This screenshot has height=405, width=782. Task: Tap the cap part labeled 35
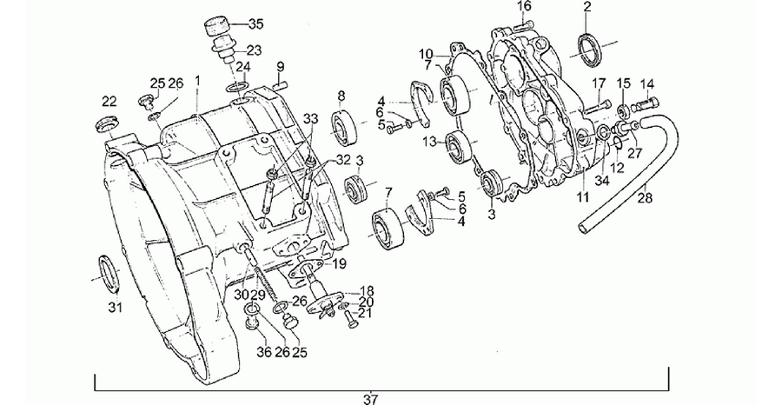pyautogui.click(x=217, y=26)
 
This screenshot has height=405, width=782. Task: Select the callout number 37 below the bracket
pyautogui.click(x=370, y=399)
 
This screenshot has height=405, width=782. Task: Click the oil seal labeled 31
pyautogui.click(x=109, y=274)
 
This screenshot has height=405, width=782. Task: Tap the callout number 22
pyautogui.click(x=109, y=102)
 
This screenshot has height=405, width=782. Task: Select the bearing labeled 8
pyautogui.click(x=343, y=129)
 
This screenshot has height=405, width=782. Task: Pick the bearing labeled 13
pyautogui.click(x=458, y=147)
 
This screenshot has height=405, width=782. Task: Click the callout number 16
pyautogui.click(x=524, y=6)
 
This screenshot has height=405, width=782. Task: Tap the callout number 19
pyautogui.click(x=340, y=263)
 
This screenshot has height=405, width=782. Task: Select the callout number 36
pyautogui.click(x=264, y=352)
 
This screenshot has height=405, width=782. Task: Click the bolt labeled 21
pyautogui.click(x=352, y=318)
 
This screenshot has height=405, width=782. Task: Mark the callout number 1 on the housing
pyautogui.click(x=197, y=80)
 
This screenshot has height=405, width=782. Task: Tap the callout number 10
pyautogui.click(x=426, y=53)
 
